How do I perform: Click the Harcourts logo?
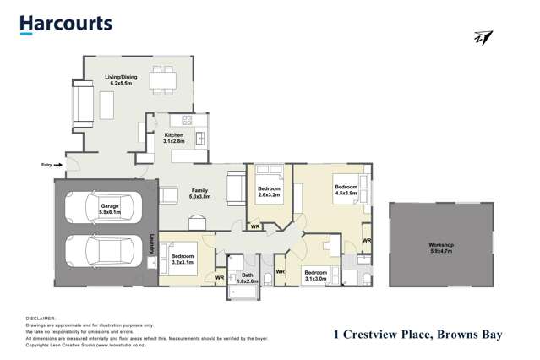tap(66, 24)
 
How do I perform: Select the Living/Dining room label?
tap(122, 81)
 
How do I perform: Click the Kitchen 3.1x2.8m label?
tap(174, 139)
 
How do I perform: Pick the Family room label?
tap(199, 194)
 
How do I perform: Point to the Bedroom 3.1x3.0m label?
tap(315, 275)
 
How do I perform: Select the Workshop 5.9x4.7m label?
tap(440, 248)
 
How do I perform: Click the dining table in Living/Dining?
tap(162, 81)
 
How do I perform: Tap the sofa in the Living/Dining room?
tap(82, 105)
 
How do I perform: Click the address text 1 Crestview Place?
tap(417, 335)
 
